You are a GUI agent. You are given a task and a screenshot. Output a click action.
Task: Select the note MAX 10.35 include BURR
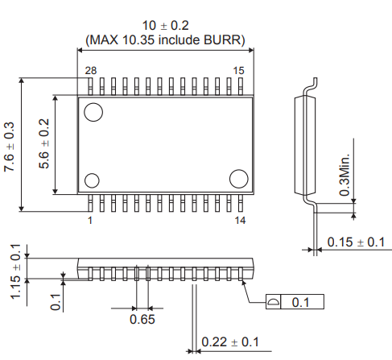(x=165, y=39)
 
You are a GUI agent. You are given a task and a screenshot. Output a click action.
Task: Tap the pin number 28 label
(x=90, y=72)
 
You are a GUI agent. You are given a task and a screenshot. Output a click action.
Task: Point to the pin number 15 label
(x=239, y=72)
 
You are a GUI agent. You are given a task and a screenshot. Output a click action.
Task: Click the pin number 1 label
(x=89, y=219)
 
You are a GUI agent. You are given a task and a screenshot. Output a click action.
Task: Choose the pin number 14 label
(x=239, y=219)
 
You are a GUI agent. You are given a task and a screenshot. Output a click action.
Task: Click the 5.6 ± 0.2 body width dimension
(x=44, y=144)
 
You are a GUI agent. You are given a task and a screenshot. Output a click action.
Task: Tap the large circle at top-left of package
(x=93, y=112)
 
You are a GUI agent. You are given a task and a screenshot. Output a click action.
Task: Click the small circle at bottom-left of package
(x=92, y=180)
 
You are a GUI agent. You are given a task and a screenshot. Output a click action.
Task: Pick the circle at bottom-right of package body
(x=239, y=178)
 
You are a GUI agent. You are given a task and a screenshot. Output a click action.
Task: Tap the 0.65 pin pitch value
(x=142, y=320)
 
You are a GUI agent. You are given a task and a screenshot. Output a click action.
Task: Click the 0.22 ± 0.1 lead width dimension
(x=230, y=342)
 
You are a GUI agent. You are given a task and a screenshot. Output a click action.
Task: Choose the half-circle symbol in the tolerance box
(x=274, y=302)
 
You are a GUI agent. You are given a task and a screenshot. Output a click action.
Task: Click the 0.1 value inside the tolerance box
(x=301, y=302)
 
